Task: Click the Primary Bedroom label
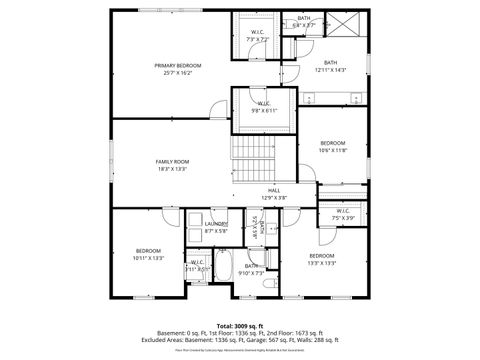click(x=172, y=65)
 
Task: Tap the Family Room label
click(x=172, y=161)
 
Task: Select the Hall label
click(x=273, y=190)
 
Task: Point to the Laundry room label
click(x=216, y=224)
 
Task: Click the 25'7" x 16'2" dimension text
click(x=172, y=72)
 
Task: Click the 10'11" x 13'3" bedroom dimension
click(x=147, y=257)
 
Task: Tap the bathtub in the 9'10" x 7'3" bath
click(x=226, y=268)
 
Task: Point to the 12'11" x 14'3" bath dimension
click(x=330, y=70)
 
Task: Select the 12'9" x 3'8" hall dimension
click(x=273, y=198)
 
